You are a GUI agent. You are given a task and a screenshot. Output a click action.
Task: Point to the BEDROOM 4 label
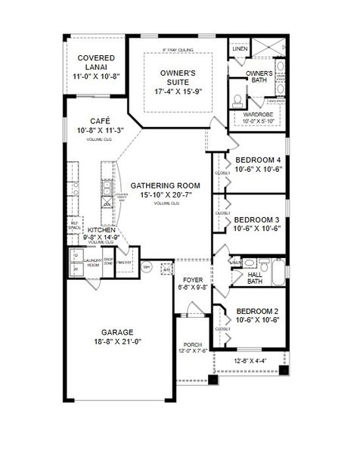(x=258, y=160)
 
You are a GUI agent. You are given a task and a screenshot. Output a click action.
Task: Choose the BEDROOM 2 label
(x=258, y=311)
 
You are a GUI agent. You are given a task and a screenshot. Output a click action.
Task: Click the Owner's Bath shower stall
(x=269, y=50)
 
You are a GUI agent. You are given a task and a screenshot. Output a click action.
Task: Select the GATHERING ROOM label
(x=165, y=185)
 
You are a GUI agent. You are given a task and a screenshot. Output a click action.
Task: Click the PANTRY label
(x=126, y=264)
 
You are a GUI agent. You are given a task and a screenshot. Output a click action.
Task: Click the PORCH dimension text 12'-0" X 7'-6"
(x=192, y=350)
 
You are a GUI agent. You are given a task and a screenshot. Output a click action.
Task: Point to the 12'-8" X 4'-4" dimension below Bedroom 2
(x=250, y=361)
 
